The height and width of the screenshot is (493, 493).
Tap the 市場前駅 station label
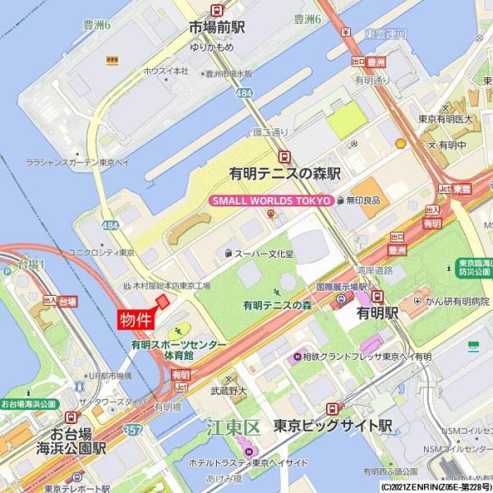pos(217,27)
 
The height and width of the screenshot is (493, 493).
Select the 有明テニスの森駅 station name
pos(284,174)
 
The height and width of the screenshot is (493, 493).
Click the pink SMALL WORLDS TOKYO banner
pos(271,200)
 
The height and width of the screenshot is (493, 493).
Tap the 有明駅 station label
pos(377,313)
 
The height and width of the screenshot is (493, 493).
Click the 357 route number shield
pos(136,429)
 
